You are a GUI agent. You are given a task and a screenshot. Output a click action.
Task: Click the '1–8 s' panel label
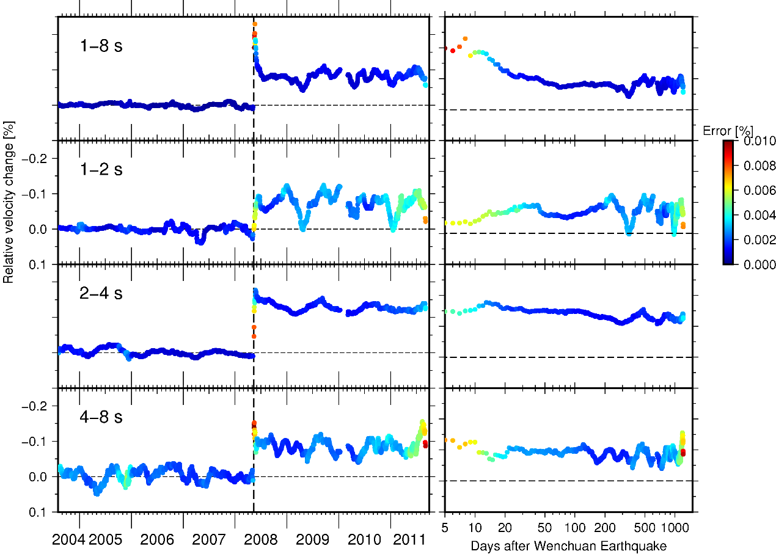coord(101,46)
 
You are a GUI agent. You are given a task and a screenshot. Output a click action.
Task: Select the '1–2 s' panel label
coord(101,169)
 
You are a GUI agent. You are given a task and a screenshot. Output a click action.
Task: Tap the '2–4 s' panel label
coord(101,293)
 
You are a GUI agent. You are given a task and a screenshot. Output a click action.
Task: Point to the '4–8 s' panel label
coord(101,417)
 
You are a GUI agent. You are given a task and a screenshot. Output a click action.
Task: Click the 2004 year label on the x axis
coord(68,540)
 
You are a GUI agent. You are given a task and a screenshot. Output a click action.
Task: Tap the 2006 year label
coord(157,540)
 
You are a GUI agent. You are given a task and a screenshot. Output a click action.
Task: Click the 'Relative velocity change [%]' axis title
coord(9,202)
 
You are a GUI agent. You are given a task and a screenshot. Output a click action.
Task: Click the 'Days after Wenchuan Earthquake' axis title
coord(568,545)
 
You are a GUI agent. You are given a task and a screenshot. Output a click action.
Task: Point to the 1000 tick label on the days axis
coord(674,527)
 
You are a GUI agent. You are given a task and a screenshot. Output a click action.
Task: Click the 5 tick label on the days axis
coord(445,527)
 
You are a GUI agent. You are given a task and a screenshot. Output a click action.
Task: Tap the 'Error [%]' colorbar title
coord(727,130)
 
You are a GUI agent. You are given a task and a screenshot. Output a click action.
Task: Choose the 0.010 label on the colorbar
coord(760,141)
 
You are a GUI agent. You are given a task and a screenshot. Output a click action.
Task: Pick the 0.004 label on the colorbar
coord(760,215)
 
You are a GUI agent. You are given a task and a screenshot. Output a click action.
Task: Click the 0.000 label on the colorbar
coord(760,264)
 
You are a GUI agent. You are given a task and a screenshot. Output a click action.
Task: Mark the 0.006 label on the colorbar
coord(760,191)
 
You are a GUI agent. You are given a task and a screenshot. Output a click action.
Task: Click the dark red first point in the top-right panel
coord(445,49)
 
